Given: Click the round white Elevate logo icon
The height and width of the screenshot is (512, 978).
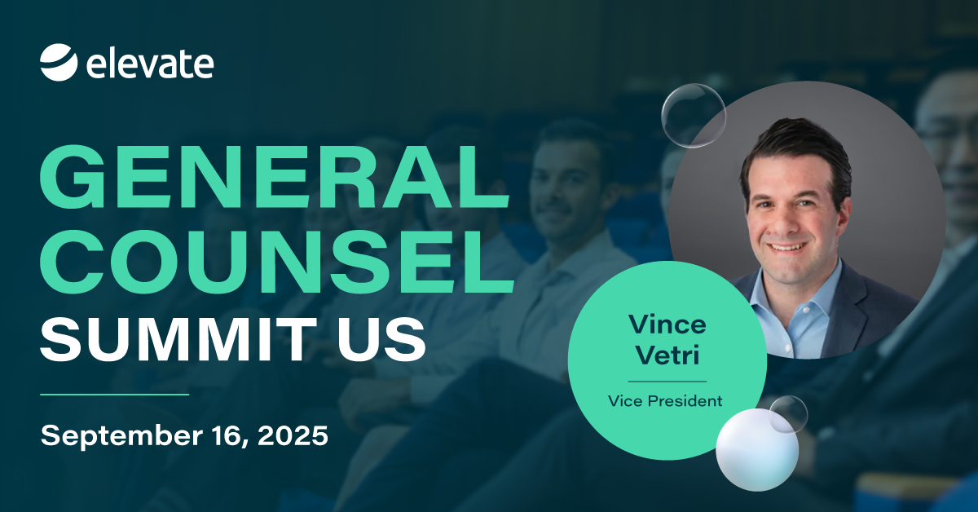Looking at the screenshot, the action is click(59, 63).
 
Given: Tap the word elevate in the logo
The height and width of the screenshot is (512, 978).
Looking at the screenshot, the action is click(150, 64).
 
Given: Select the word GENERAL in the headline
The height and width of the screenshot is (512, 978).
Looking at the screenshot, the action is click(274, 176).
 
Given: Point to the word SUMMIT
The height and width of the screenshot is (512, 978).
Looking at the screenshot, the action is click(179, 339).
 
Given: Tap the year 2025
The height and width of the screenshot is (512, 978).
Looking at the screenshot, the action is click(293, 435).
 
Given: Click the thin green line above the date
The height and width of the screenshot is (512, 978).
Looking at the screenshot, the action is click(114, 394).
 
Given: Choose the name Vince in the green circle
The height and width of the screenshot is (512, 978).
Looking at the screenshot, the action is click(667, 324).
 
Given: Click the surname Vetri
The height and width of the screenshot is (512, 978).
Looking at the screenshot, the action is click(667, 355).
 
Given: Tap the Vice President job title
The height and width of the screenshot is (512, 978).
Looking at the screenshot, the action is click(665, 400).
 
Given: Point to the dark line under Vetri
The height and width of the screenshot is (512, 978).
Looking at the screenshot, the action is click(667, 381).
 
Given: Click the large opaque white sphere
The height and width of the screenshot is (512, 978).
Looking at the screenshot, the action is click(757, 450).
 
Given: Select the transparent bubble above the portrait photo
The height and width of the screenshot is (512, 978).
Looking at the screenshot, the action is click(694, 116).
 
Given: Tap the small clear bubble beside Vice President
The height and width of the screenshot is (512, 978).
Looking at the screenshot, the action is click(788, 415).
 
